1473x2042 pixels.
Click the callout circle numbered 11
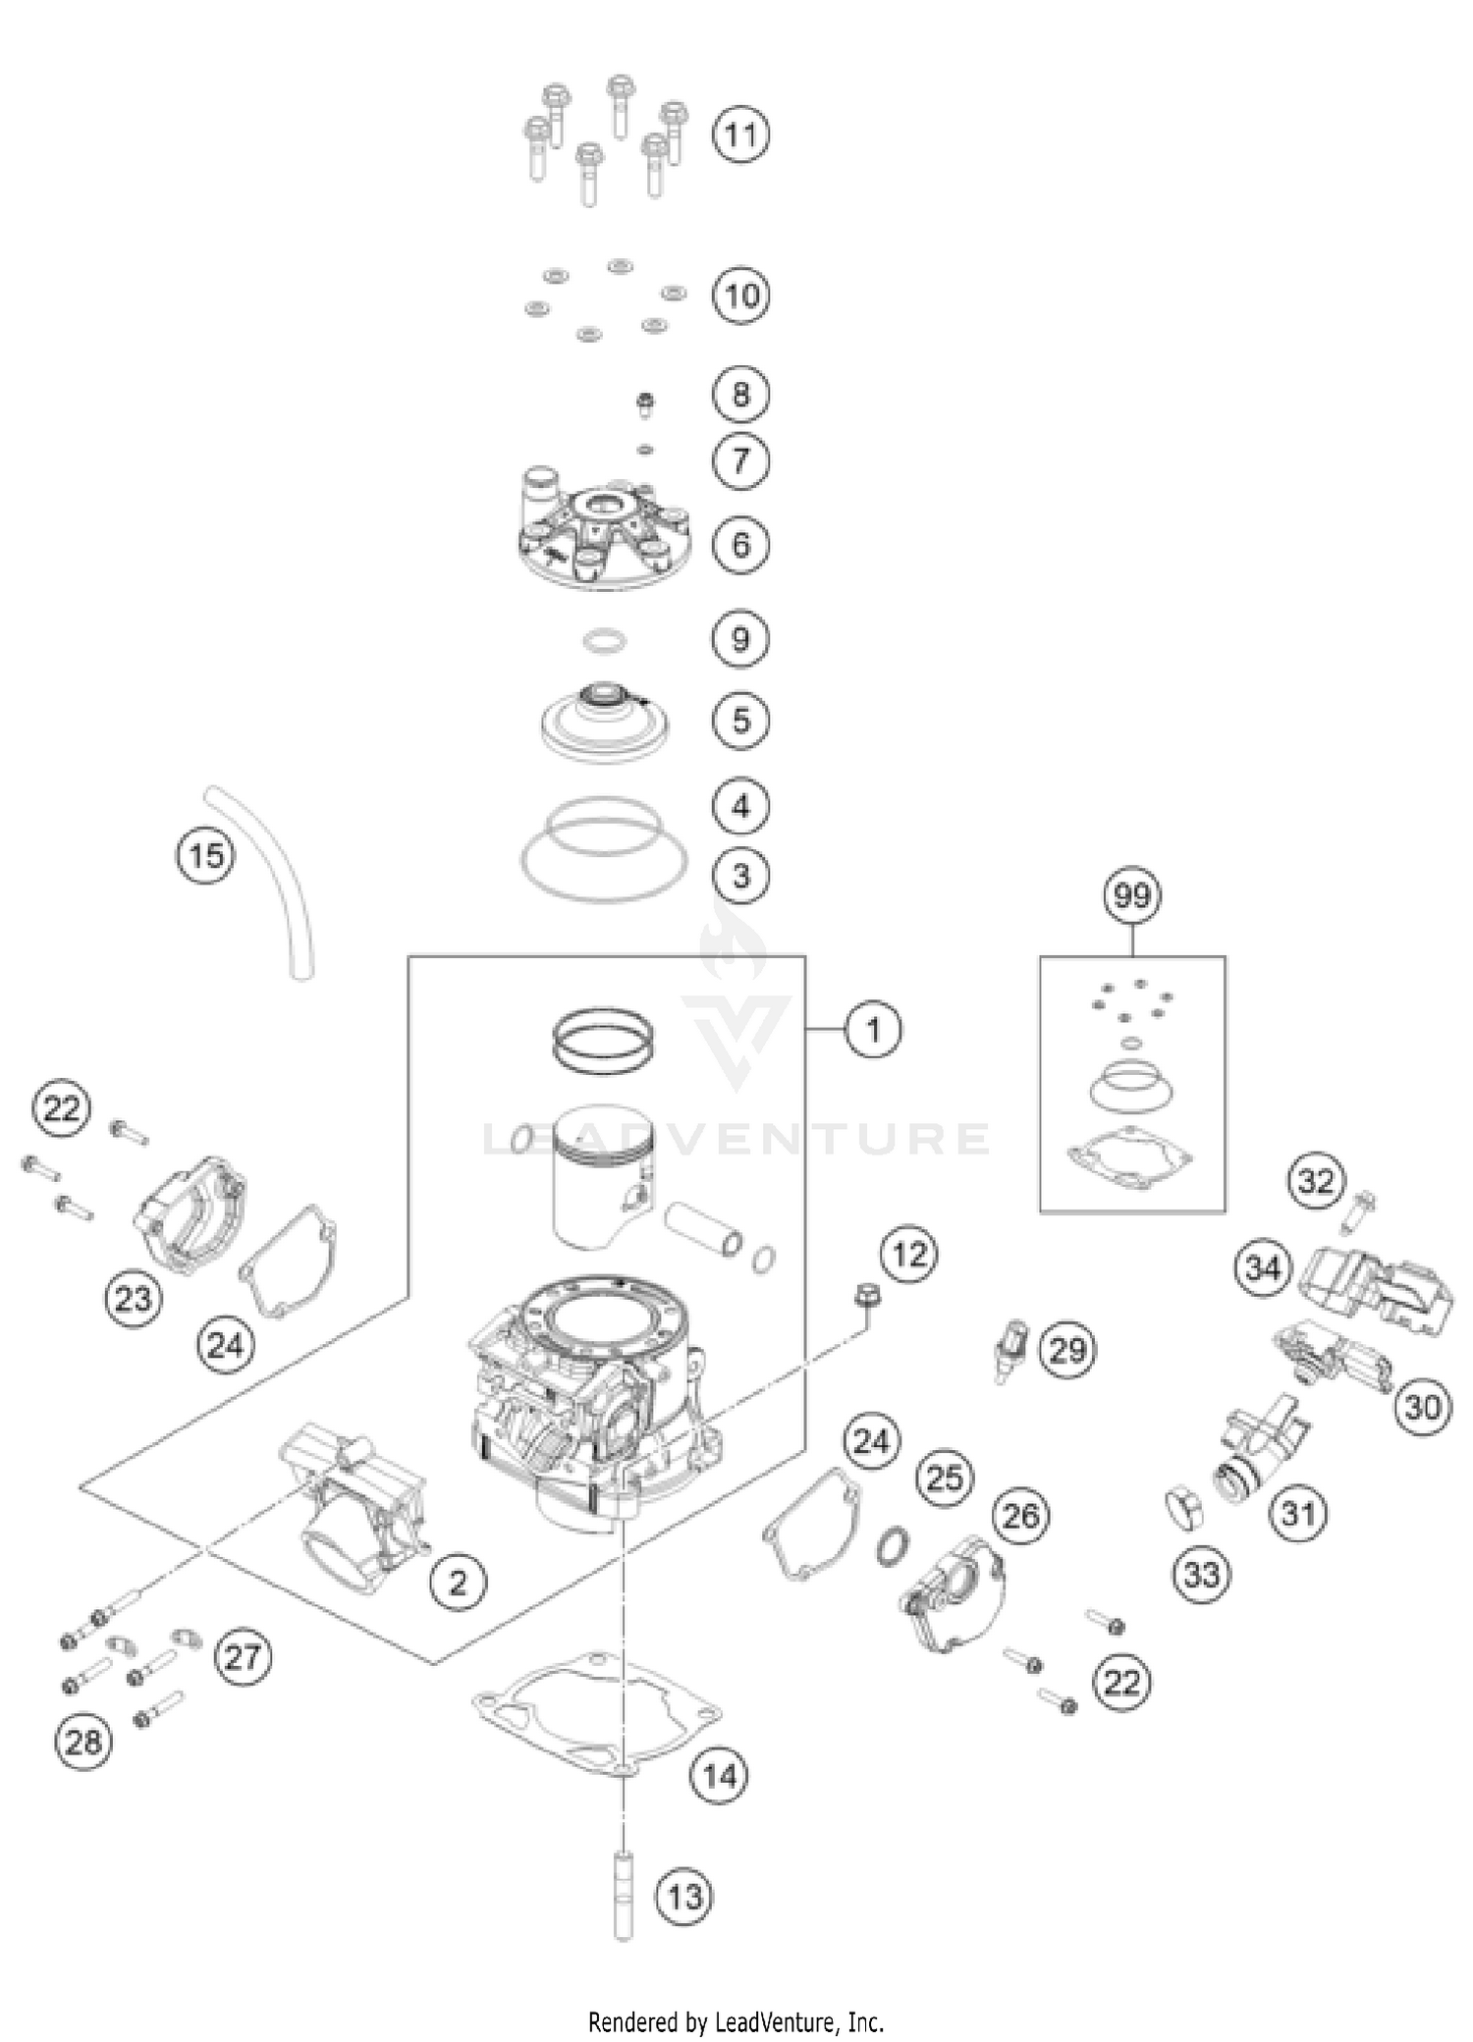[740, 134]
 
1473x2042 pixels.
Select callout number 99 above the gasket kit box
[1132, 895]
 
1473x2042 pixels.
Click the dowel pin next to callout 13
[621, 1894]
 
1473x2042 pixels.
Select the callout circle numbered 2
[458, 1582]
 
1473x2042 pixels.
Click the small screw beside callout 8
[645, 403]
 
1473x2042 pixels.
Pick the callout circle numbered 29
[1068, 1350]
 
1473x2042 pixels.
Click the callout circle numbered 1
[872, 1030]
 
